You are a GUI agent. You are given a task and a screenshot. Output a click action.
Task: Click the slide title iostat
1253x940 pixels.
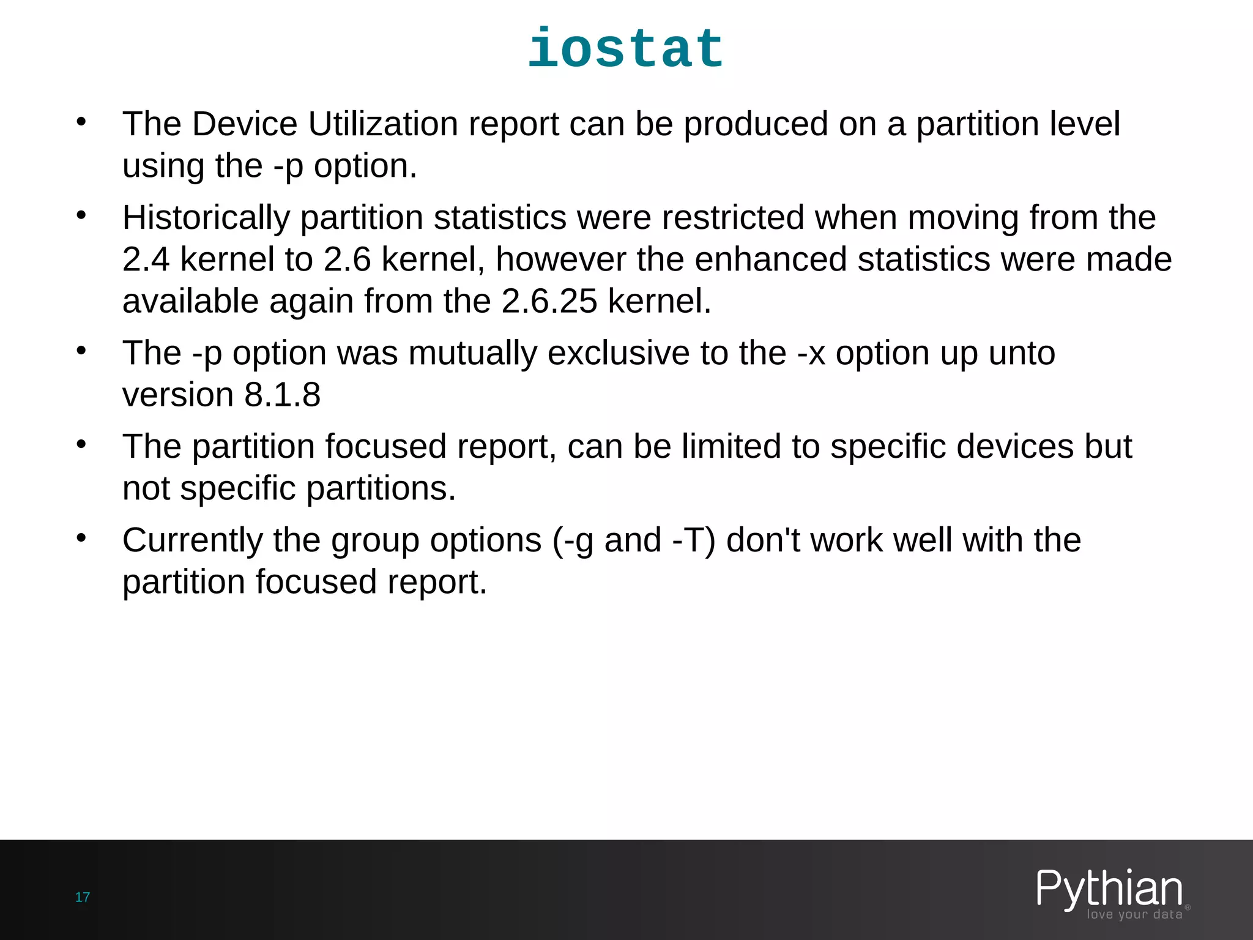click(626, 49)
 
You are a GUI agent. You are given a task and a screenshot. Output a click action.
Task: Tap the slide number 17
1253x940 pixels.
click(83, 897)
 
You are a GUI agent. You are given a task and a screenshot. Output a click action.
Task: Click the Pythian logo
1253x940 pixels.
click(1109, 889)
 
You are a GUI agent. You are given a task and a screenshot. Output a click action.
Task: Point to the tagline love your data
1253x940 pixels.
click(1134, 914)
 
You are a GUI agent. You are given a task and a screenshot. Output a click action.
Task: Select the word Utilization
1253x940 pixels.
click(383, 124)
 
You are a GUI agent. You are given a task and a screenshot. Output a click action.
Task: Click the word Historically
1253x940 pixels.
click(206, 218)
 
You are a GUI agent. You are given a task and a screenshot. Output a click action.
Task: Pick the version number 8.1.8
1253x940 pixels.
click(283, 395)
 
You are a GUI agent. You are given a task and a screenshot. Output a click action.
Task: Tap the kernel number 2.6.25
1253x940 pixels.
click(549, 301)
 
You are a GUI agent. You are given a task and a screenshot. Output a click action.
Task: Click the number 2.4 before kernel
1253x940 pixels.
click(146, 259)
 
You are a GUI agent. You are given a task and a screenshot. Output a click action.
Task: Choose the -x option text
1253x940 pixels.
click(811, 353)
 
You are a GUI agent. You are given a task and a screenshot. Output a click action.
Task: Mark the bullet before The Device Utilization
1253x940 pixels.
click(81, 122)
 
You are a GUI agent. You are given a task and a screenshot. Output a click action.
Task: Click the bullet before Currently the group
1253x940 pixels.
click(81, 538)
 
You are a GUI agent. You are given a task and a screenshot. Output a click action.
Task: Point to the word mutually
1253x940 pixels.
click(473, 353)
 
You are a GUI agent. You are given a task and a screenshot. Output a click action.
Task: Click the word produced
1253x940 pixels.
click(756, 124)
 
